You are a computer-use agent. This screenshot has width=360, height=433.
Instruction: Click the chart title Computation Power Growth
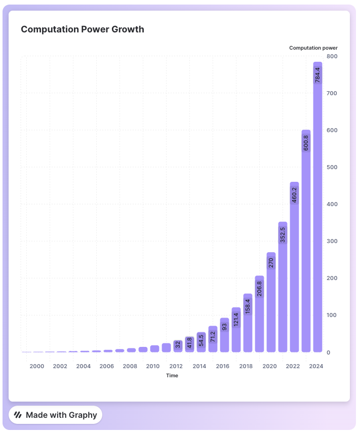[83, 29]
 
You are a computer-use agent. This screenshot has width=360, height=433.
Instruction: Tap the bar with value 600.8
[306, 243]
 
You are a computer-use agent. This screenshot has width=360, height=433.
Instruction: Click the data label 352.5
[283, 234]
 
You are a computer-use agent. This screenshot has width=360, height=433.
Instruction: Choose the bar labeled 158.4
[248, 324]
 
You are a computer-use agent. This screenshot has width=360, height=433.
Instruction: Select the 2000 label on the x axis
[37, 366]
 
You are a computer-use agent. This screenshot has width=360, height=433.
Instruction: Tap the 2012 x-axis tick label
[176, 366]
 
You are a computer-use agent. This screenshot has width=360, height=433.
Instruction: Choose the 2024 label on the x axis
[315, 366]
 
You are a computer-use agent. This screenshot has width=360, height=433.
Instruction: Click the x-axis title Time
[172, 375]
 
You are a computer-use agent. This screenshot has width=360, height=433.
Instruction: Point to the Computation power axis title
[313, 48]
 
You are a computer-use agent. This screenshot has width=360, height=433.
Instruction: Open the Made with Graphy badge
[56, 415]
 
